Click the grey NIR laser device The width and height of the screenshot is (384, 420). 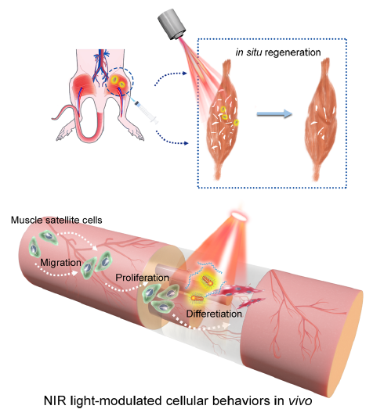coord(172,25)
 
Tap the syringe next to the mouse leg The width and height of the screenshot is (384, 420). coord(144,109)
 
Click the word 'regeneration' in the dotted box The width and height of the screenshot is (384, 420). coord(292,52)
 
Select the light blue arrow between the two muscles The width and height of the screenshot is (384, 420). coord(274,114)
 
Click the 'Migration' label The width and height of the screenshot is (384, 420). coord(60,263)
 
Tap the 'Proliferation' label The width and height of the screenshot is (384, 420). coord(142,278)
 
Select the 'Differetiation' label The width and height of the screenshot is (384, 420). coord(214,314)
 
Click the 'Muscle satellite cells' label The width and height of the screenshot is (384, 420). coord(56,221)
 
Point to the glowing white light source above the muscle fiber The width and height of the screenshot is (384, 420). coord(239,216)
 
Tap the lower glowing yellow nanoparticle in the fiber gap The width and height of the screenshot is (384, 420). coord(197,298)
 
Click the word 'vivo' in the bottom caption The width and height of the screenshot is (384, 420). coord(300,401)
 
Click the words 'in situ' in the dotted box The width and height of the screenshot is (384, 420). coord(248,52)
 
